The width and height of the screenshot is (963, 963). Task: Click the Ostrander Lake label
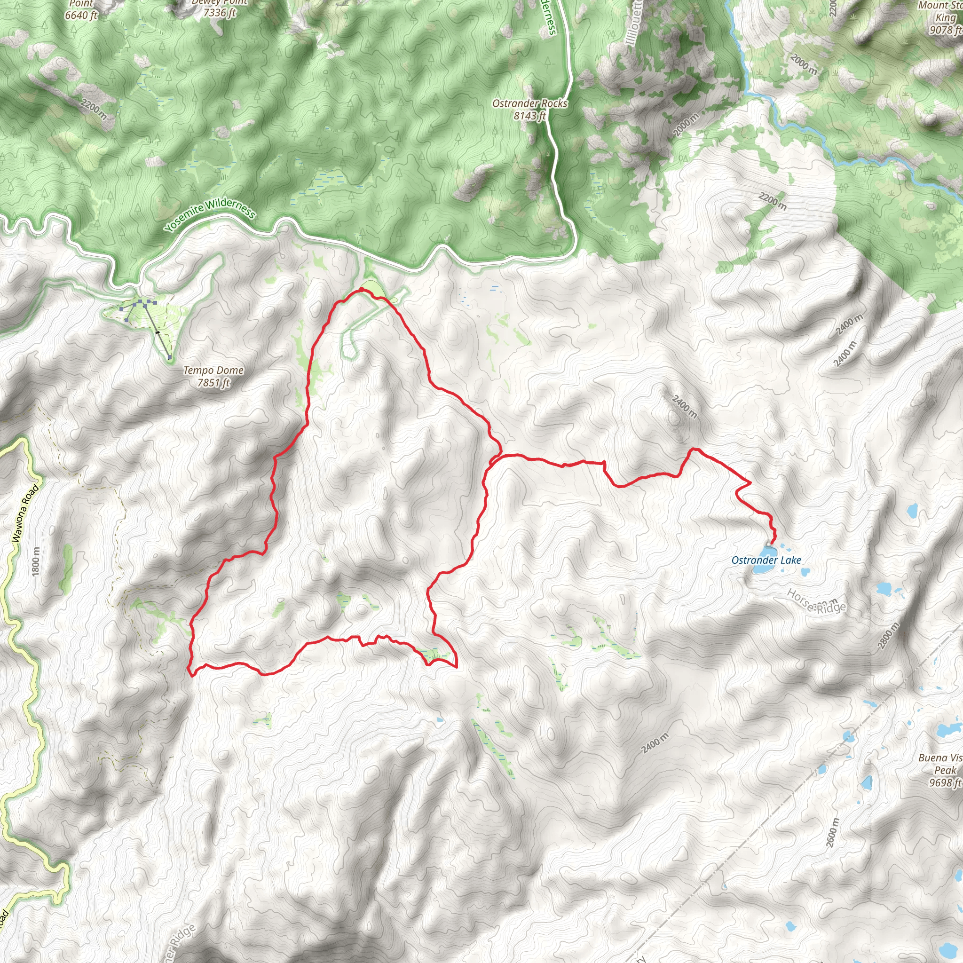766,560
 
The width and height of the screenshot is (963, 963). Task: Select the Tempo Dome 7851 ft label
213,376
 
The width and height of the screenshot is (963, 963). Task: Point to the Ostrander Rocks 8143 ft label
530,109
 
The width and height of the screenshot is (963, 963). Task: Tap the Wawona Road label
24,513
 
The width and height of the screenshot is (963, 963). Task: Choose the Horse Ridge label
816,601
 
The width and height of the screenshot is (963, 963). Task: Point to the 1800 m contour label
35,562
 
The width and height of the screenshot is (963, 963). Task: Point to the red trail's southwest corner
190,674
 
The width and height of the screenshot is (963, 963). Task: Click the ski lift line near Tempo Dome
157,332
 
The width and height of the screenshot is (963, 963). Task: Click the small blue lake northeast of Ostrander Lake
912,510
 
